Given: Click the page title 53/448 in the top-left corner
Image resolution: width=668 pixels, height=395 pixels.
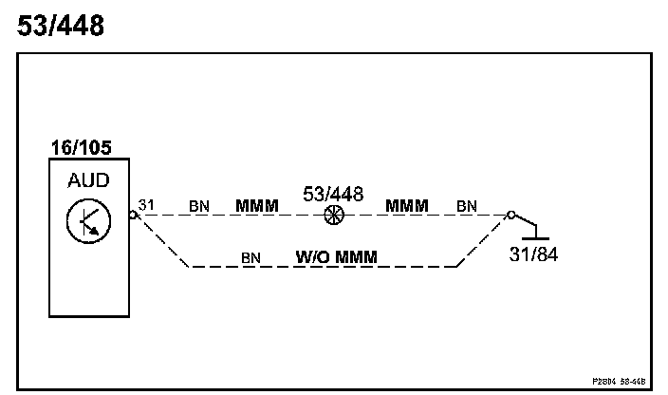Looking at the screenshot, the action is click(61, 26).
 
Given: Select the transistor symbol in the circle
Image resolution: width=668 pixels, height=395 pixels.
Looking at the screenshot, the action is click(88, 222).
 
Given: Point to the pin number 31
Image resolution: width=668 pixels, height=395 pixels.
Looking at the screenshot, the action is click(146, 204).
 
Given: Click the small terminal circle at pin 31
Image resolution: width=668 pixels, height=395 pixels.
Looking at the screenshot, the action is click(134, 215).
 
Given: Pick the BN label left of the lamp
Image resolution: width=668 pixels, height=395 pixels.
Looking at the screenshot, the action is click(199, 205).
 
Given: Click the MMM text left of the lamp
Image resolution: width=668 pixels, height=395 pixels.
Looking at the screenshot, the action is click(256, 205).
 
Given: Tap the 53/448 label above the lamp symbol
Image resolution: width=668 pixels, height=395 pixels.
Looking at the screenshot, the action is click(333, 194).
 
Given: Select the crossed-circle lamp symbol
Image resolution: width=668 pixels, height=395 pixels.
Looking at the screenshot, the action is click(333, 216).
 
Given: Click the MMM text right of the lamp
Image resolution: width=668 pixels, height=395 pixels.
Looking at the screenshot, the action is click(407, 205).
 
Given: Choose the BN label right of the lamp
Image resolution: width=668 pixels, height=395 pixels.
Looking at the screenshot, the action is click(467, 205).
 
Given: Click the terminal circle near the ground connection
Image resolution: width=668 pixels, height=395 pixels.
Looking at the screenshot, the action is click(510, 215).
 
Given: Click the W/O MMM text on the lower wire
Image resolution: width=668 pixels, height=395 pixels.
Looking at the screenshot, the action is click(336, 256).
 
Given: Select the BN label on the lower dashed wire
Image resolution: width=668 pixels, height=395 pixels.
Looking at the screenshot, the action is click(250, 257).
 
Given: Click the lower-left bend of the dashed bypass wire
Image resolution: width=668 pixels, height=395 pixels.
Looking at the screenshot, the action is click(193, 267).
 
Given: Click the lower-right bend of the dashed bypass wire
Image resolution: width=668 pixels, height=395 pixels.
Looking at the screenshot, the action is click(456, 267).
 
